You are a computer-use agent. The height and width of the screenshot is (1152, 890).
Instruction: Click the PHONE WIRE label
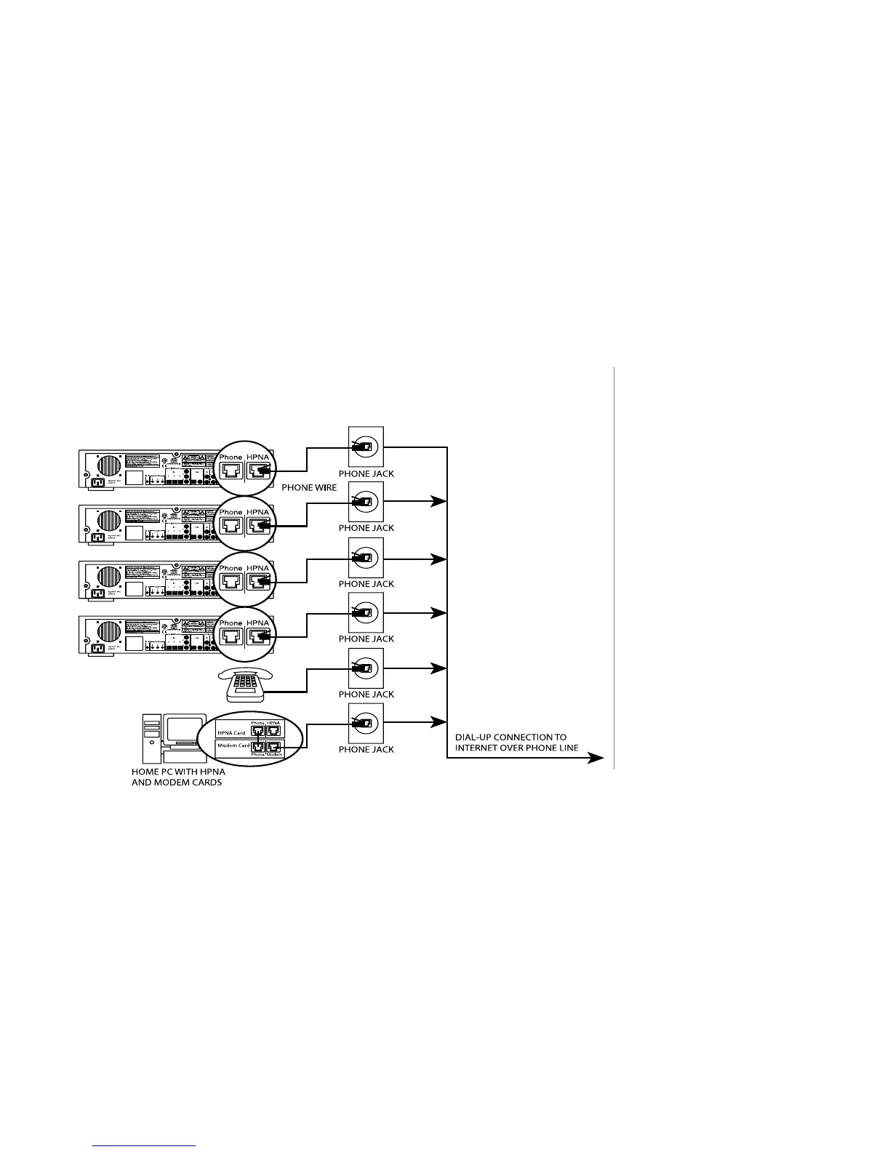[309, 487]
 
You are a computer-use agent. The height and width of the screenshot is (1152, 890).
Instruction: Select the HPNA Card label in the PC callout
[231, 732]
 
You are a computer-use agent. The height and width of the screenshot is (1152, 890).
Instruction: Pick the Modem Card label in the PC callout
[233, 745]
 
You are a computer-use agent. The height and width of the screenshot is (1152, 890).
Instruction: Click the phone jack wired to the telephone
[366, 668]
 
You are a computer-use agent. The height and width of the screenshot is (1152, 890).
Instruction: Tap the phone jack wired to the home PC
[366, 722]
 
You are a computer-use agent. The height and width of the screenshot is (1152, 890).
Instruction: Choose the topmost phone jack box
[366, 447]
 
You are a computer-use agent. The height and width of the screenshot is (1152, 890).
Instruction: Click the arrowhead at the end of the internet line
[596, 758]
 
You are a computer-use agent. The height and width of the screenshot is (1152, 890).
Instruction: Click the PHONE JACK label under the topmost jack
[366, 473]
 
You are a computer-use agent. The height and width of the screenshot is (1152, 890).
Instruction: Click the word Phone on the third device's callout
[230, 568]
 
